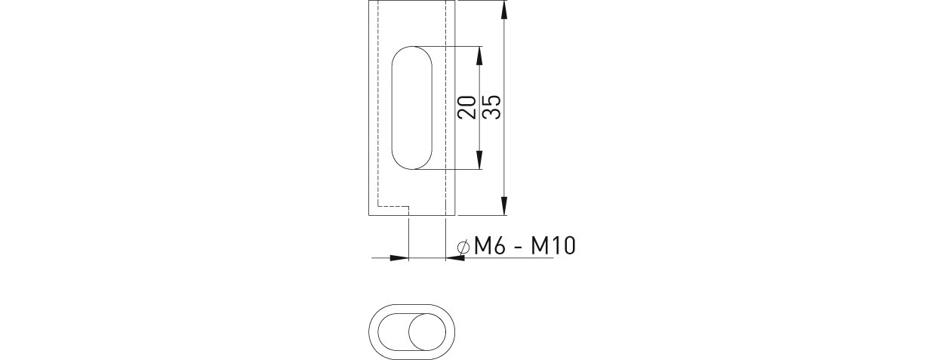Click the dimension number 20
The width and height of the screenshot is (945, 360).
click(x=467, y=107)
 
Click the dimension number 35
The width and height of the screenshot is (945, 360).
click(x=491, y=107)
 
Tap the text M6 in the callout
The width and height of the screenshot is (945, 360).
click(x=490, y=245)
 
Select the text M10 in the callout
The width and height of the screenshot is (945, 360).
click(x=553, y=245)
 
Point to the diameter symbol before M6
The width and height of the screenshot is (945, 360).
click(x=463, y=247)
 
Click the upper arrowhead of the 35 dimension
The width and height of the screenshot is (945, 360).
click(x=503, y=10)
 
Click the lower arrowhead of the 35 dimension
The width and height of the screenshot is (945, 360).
click(x=503, y=205)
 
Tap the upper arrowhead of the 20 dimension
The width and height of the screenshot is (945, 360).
click(x=479, y=55)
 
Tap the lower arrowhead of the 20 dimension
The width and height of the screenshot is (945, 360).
click(x=479, y=160)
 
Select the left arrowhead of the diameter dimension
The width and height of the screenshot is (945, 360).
click(x=399, y=258)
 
